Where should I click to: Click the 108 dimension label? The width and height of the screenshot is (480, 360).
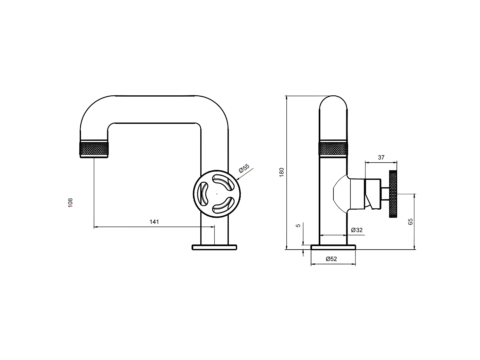click(71, 203)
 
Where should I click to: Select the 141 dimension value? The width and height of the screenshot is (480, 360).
click(154, 222)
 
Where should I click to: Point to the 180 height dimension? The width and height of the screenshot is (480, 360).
click(282, 172)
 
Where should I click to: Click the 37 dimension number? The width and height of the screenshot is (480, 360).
click(381, 157)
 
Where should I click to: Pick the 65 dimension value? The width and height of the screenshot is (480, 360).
click(411, 221)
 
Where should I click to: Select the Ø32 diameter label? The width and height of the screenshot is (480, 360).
click(356, 230)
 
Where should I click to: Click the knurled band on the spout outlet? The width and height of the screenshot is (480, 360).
click(94, 149)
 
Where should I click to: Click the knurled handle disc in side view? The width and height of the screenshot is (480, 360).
click(393, 194)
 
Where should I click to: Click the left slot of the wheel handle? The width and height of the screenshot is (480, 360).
click(203, 194)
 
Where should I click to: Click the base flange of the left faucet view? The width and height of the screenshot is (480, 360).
click(214, 247)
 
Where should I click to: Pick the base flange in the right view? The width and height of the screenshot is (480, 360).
click(333, 247)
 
